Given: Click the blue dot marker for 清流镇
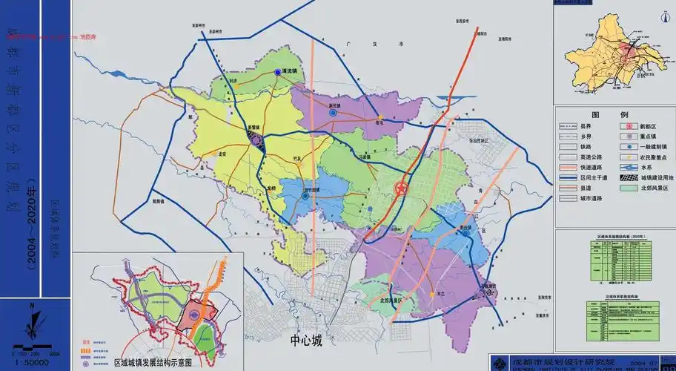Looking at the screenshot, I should click(x=277, y=72).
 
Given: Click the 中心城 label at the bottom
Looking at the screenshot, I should click(x=306, y=341).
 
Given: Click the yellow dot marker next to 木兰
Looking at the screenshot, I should click(x=431, y=295).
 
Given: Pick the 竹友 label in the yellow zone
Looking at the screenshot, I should click(x=278, y=158).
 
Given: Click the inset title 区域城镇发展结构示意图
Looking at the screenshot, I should click(x=153, y=364).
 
